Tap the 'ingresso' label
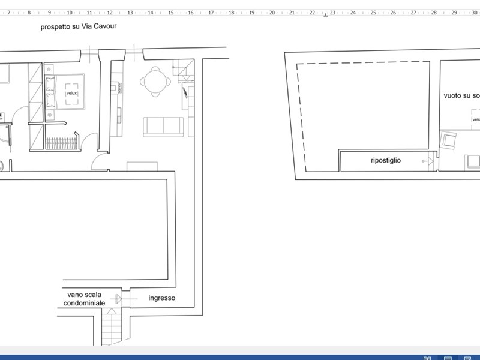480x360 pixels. (x=162, y=298)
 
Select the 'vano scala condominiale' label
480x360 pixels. (x=85, y=299)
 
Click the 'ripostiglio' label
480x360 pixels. (x=385, y=161)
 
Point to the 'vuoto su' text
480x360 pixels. (x=457, y=95)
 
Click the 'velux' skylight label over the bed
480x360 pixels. (x=71, y=93)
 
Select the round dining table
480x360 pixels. (x=155, y=81)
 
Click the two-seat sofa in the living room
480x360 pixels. (x=163, y=127)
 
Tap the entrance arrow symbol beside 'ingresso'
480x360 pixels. (x=120, y=298)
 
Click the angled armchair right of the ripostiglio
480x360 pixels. (x=447, y=142)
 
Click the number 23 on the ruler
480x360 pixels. (x=332, y=12)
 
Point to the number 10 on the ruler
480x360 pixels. (x=69, y=12)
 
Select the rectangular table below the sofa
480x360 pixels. (x=142, y=166)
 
